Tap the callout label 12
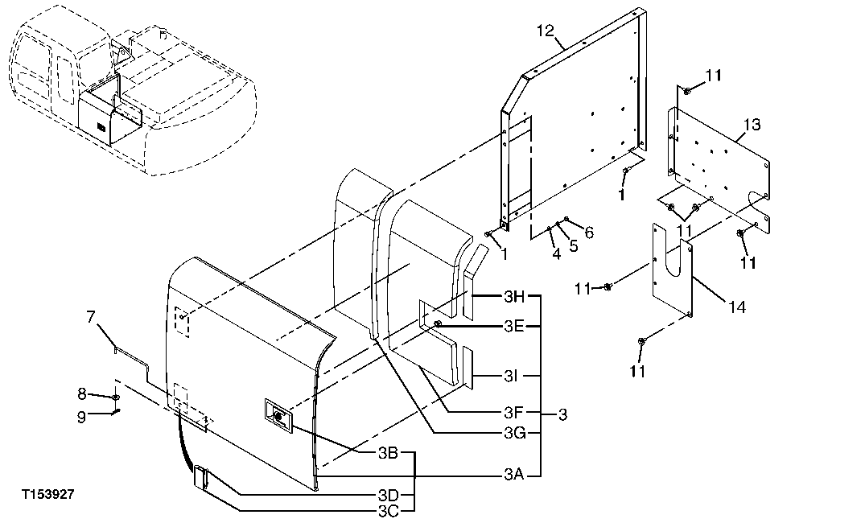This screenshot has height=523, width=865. click(546, 31)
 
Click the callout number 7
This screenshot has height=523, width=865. click(91, 317)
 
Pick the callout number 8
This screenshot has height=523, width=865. click(81, 393)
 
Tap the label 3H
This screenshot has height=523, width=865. click(514, 297)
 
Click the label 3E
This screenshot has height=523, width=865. click(514, 327)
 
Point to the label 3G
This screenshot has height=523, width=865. click(514, 433)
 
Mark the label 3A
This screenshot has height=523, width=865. click(514, 475)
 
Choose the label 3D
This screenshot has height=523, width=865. click(389, 493)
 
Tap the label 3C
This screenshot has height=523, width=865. click(389, 509)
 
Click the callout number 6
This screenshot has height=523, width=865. click(589, 232)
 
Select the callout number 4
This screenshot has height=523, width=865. click(555, 254)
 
